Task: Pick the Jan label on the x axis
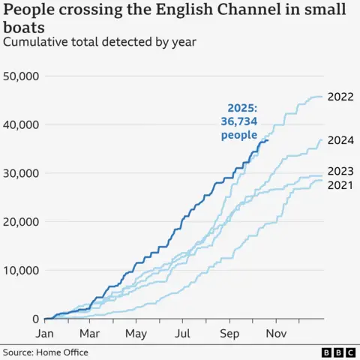[x=45, y=333]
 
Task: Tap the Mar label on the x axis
[x=89, y=333]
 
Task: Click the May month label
[x=136, y=333]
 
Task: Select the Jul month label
[x=182, y=333]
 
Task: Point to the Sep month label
[x=229, y=333]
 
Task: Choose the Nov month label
[x=275, y=333]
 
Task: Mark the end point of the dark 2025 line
[x=268, y=140]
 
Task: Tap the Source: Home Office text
[x=46, y=352]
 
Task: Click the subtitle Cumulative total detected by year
[x=100, y=42]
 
